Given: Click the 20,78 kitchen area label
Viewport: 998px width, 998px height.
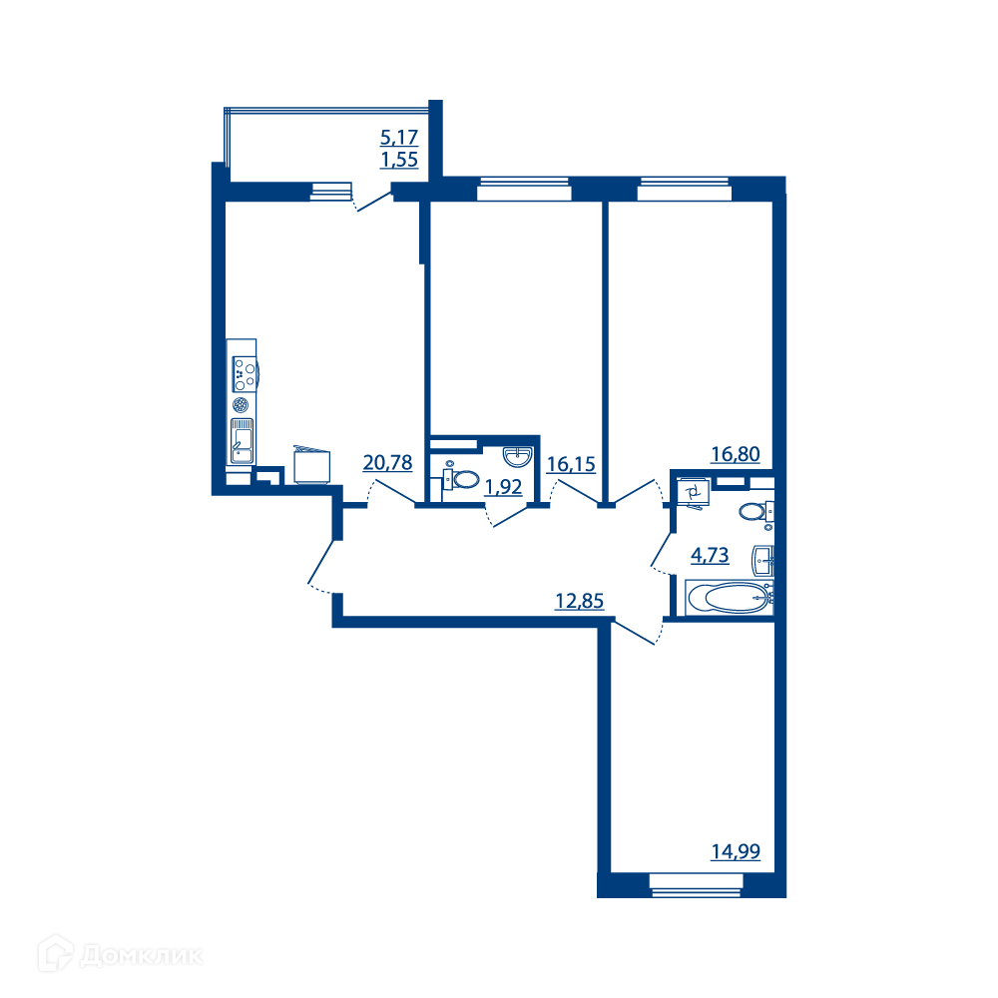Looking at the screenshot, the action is coord(387,463).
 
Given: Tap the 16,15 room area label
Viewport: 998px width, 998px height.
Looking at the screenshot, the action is coord(571,465).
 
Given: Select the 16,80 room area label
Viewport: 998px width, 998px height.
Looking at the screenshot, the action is coord(736,454).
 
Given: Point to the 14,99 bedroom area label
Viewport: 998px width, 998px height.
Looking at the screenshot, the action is coord(736,851).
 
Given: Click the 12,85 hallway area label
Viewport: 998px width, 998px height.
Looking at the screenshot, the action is coord(579,601).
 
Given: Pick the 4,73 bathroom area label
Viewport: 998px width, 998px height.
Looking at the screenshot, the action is coord(710,555).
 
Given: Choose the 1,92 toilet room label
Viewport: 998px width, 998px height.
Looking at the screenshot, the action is coord(503,487).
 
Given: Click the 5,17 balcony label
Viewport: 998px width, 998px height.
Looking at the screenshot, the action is coord(399,137).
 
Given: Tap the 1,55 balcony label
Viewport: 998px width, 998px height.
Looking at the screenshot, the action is coord(399,160).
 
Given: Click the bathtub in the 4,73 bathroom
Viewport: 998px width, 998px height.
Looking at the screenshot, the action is coord(730,598).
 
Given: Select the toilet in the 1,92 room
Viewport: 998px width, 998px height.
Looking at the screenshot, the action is coord(461,479).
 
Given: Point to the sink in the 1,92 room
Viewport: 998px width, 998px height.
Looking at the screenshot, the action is coord(517,456).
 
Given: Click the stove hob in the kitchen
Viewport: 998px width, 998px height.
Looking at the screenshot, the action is coord(244,374).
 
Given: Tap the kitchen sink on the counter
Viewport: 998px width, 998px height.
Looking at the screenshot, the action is coord(242,440).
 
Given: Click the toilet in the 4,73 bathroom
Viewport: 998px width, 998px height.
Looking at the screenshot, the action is coord(756,512).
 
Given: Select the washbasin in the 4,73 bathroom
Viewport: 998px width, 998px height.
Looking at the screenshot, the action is coord(763,561).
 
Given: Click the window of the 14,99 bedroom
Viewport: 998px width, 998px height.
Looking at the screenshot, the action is coord(697,884).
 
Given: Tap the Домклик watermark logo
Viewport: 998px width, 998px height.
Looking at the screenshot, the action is coord(121,955).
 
